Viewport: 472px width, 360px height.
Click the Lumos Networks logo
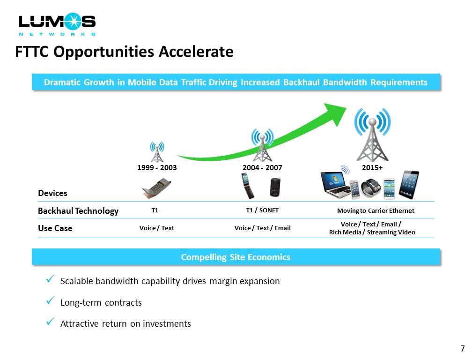57,24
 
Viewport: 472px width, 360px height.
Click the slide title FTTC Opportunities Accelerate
125,52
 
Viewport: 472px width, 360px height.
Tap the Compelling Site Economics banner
236,257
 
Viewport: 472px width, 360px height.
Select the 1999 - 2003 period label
157,168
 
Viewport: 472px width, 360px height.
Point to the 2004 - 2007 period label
262,168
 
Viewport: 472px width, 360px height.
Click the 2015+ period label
372,168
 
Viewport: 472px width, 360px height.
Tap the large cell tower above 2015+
372,135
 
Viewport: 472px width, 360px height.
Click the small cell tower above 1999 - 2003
157,152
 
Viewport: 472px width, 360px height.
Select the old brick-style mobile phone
156,188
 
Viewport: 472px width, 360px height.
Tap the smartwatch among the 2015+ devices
371,187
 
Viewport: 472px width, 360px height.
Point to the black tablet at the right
409,185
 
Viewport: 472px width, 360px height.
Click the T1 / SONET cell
262,210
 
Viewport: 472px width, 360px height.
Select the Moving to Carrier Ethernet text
376,210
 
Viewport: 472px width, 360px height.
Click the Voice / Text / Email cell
263,228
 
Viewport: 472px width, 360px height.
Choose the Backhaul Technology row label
78,211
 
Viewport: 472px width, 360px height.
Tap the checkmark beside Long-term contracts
50,300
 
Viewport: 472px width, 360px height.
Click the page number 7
463,349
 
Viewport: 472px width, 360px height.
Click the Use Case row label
55,228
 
